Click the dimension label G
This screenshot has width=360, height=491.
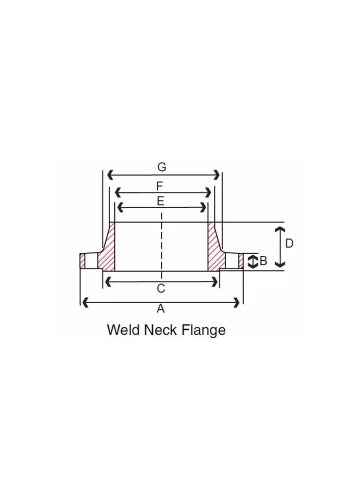(x=161, y=166)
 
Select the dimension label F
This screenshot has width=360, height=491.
(x=160, y=185)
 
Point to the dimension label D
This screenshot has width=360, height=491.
(x=289, y=243)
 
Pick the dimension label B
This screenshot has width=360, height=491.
(x=263, y=261)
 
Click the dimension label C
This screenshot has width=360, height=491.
(x=161, y=289)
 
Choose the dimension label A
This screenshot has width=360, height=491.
(x=161, y=308)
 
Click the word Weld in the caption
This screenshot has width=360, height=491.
(x=123, y=330)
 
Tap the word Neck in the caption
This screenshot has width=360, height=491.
(x=162, y=330)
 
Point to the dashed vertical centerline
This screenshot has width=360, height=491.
(x=161, y=245)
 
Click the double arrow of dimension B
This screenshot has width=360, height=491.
(x=251, y=262)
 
